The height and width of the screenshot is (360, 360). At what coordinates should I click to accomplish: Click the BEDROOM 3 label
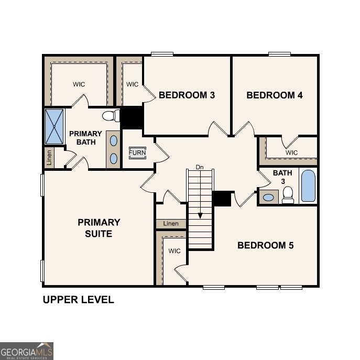click(187, 95)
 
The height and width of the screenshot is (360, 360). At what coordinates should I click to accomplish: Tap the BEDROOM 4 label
click(274, 95)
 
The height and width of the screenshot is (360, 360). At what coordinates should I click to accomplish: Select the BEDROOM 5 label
click(266, 245)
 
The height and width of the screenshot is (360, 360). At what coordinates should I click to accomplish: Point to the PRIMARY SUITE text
click(99, 228)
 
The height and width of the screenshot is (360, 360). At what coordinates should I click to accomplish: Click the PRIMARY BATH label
click(85, 138)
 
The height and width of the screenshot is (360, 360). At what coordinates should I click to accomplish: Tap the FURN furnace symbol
click(138, 152)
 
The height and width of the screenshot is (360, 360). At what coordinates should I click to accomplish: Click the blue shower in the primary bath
click(54, 126)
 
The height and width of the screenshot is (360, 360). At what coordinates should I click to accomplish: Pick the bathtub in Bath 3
click(308, 186)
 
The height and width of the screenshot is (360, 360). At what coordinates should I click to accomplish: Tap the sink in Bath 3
click(269, 198)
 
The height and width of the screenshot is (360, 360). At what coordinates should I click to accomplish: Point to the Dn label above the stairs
click(199, 167)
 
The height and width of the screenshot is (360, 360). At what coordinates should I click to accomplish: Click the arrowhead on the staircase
click(200, 215)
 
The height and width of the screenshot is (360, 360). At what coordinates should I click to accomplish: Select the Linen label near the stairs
click(171, 224)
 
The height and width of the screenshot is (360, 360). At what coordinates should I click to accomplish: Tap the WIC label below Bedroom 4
click(291, 152)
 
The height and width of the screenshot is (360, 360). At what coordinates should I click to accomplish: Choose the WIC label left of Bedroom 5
click(174, 251)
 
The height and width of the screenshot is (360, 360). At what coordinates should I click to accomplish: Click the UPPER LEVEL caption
click(78, 300)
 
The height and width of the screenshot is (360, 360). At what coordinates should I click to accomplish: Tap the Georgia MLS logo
click(27, 351)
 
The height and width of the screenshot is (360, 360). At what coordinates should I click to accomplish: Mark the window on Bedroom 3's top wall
click(162, 53)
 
